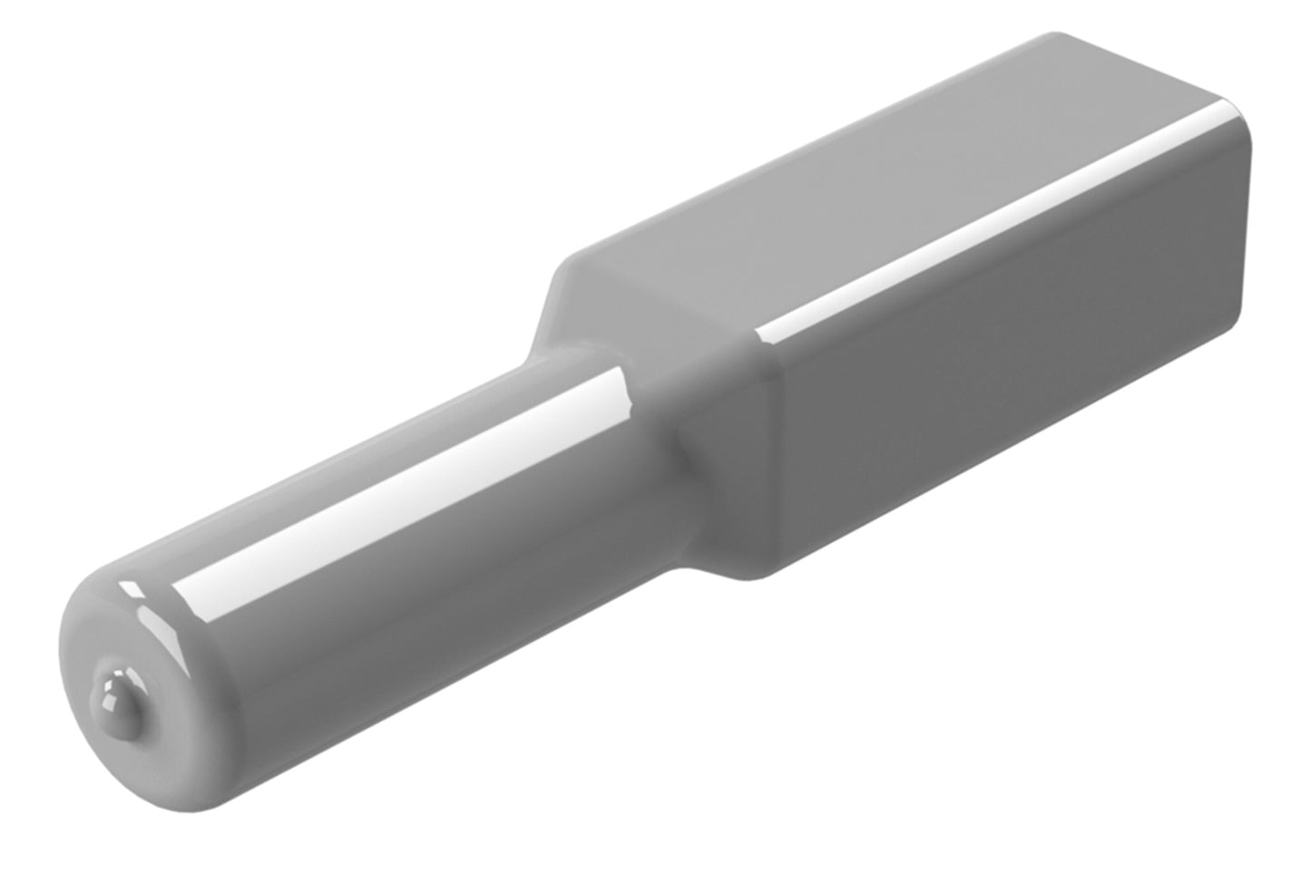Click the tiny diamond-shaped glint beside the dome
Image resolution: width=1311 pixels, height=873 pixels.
pyautogui.click(x=132, y=590)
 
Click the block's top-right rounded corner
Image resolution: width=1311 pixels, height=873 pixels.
pyautogui.click(x=1238, y=122)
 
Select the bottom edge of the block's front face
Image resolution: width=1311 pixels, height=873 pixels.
pyautogui.click(x=998, y=449)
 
